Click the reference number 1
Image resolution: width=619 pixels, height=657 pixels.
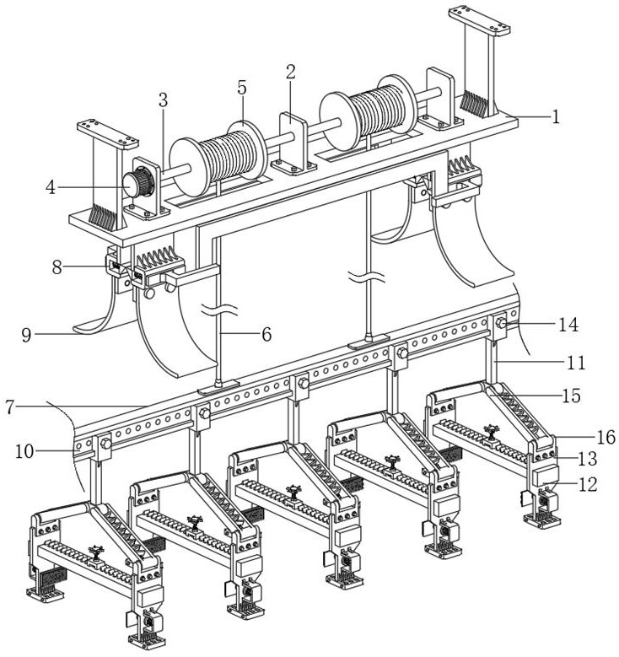[555, 117]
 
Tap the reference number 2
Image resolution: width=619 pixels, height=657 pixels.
[290, 73]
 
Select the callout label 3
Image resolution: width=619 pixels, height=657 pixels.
[163, 100]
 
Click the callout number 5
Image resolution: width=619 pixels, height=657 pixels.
[242, 88]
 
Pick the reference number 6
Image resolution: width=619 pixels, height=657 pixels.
[266, 334]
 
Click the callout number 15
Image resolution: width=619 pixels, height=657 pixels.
[573, 395]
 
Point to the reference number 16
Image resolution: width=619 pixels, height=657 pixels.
[606, 437]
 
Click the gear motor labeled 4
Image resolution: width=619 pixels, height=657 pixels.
[137, 183]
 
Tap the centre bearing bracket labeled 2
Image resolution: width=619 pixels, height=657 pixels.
[290, 140]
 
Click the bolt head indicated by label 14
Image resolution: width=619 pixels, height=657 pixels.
[501, 323]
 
